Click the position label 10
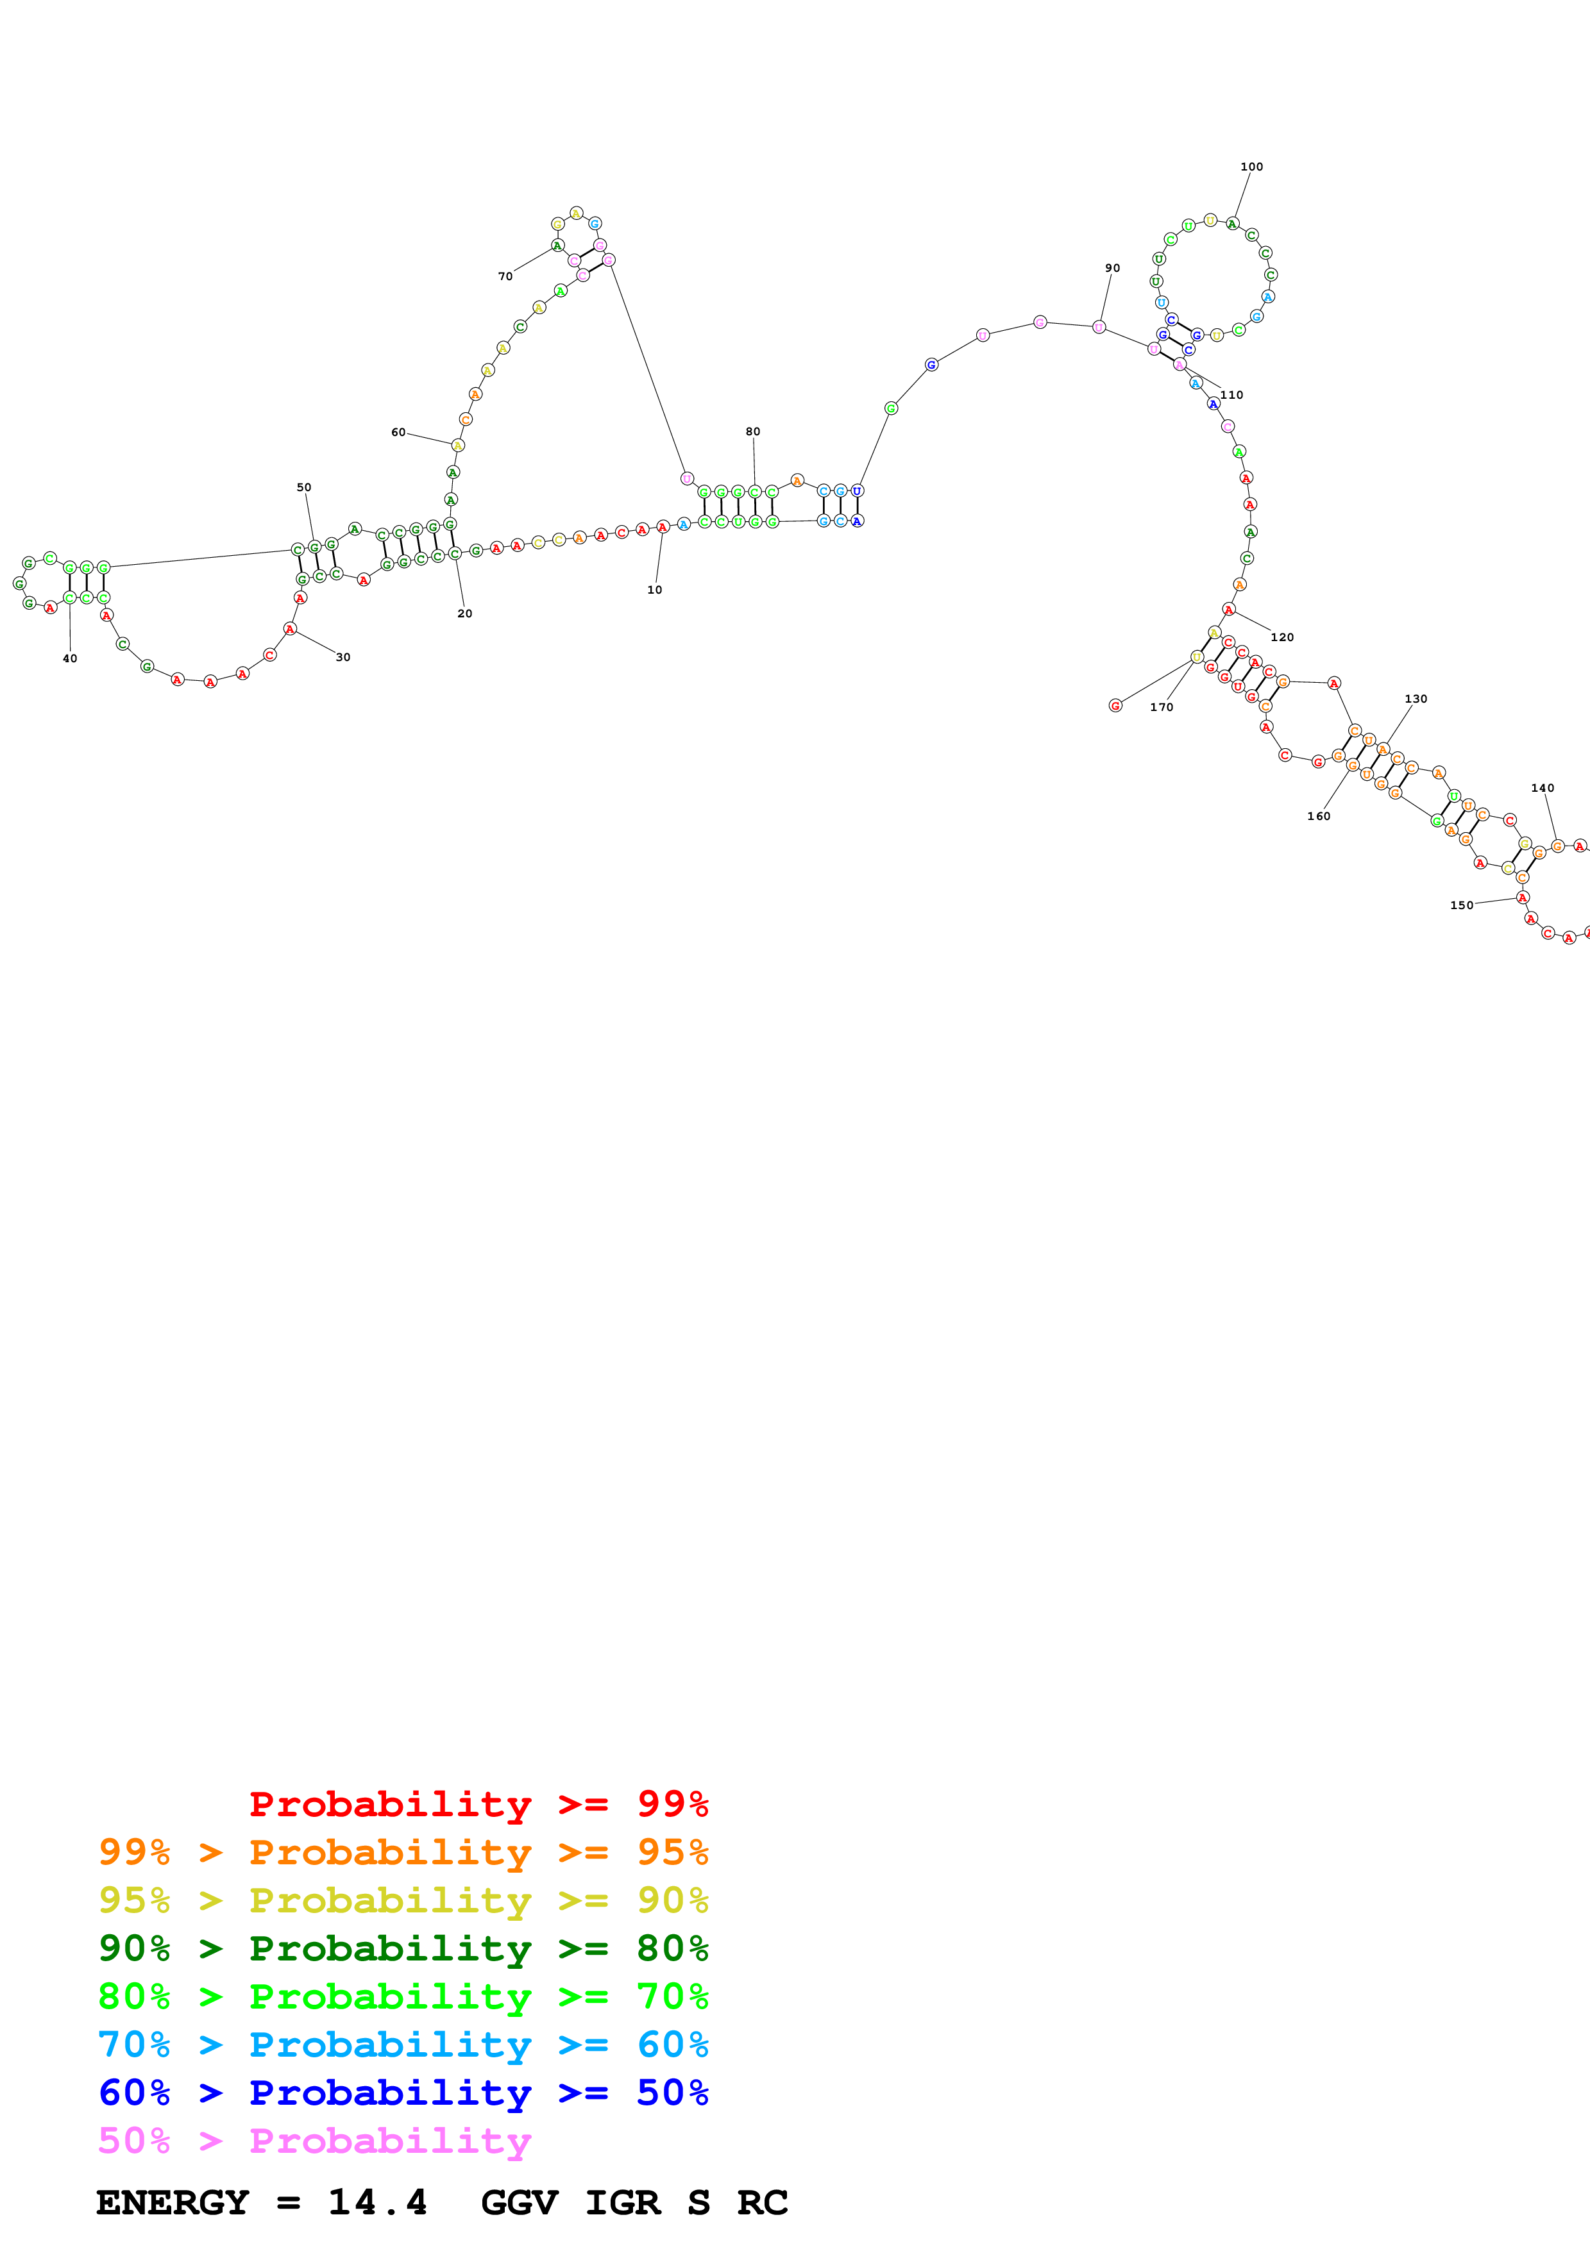pyautogui.click(x=654, y=590)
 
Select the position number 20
pyautogui.click(x=464, y=613)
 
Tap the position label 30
pyautogui.click(x=343, y=657)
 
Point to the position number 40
pyautogui.click(x=69, y=658)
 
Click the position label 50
pyautogui.click(x=303, y=487)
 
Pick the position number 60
pyautogui.click(x=398, y=432)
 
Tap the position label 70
pyautogui.click(x=505, y=276)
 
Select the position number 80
pyautogui.click(x=752, y=431)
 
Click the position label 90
pyautogui.click(x=1112, y=267)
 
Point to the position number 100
pyautogui.click(x=1251, y=167)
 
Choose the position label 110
pyautogui.click(x=1231, y=395)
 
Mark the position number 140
pyautogui.click(x=1542, y=787)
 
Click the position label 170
pyautogui.click(x=1161, y=707)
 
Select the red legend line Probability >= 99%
pyautogui.click(x=478, y=1803)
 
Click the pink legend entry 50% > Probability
pyautogui.click(x=314, y=2140)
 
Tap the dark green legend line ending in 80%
pyautogui.click(x=403, y=1948)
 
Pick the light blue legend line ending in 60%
pyautogui.click(x=403, y=2044)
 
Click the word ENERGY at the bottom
pyautogui.click(x=173, y=2203)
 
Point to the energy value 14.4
pyautogui.click(x=377, y=2203)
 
